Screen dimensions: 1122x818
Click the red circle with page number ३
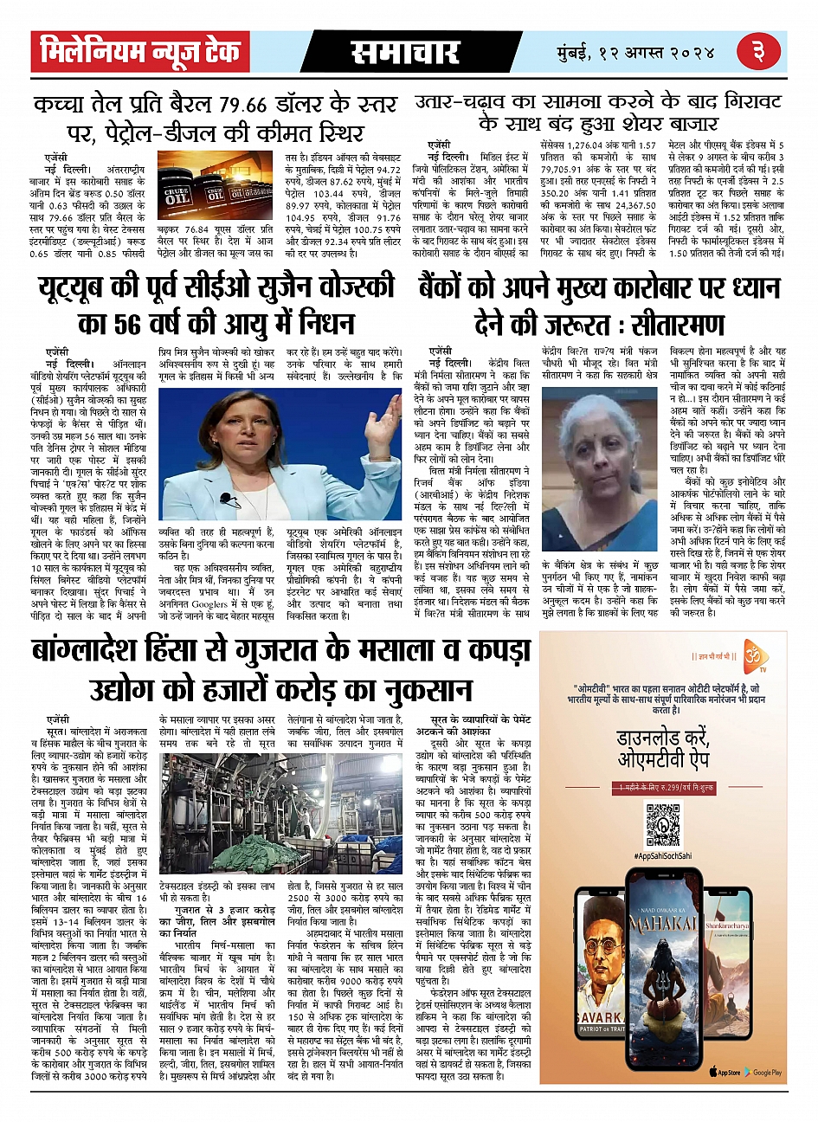click(x=759, y=53)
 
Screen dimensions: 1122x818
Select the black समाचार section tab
click(x=404, y=53)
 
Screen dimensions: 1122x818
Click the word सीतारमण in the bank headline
click(x=677, y=324)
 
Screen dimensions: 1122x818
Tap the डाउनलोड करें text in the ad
click(x=662, y=738)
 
